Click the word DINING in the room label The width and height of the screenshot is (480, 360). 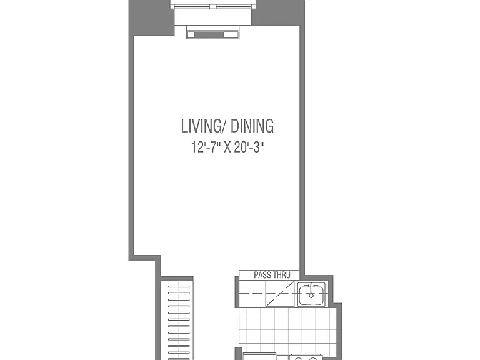(252, 126)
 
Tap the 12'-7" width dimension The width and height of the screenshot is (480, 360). (206, 147)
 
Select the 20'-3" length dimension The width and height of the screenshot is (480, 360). (249, 147)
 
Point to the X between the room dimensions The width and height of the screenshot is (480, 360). (227, 147)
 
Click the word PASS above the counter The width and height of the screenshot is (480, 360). (262, 275)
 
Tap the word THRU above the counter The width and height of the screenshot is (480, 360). (282, 275)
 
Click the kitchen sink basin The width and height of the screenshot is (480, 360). (311, 294)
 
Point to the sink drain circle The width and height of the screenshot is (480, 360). (311, 296)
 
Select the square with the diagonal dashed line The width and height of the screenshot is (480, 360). (280, 294)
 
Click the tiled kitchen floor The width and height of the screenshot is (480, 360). (287, 330)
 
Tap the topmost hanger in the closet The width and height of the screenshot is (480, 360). (179, 286)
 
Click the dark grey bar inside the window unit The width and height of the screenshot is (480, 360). (209, 35)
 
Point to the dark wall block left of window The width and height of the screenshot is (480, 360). (151, 17)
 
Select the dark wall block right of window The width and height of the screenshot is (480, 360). (278, 12)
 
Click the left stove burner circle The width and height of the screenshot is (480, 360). (299, 359)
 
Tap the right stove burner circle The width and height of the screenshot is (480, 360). (312, 359)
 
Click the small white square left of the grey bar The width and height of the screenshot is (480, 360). (191, 35)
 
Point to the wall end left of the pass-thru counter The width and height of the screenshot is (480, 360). (237, 292)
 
